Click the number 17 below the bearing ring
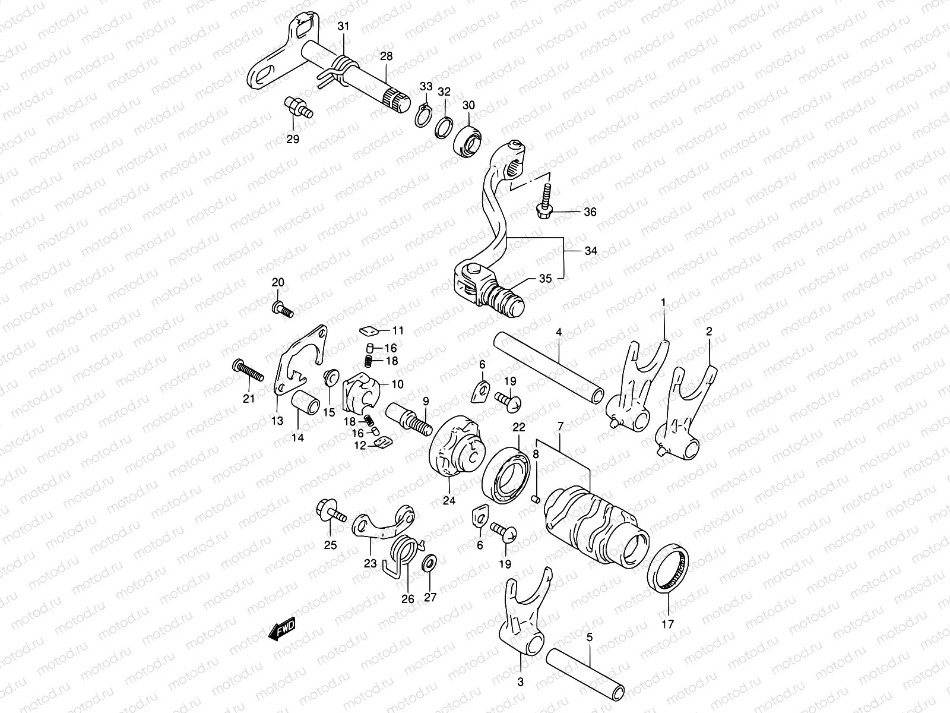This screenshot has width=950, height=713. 668,624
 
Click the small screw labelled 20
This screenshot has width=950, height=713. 281,307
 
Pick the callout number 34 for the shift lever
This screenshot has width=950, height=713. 591,251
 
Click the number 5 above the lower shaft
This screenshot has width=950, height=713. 590,638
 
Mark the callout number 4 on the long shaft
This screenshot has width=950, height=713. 559,332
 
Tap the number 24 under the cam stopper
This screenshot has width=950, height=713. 449,501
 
